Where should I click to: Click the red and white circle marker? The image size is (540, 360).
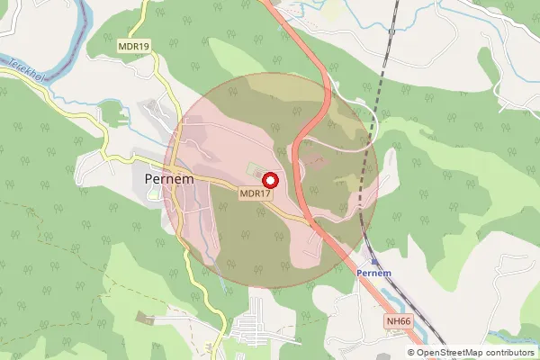pos(268,178)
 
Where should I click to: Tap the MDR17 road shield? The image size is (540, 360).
pos(255,193)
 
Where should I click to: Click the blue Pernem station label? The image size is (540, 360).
pos(373,272)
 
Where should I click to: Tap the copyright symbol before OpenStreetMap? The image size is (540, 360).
pos(411,353)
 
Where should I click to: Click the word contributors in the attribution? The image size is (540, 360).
pos(509,353)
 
